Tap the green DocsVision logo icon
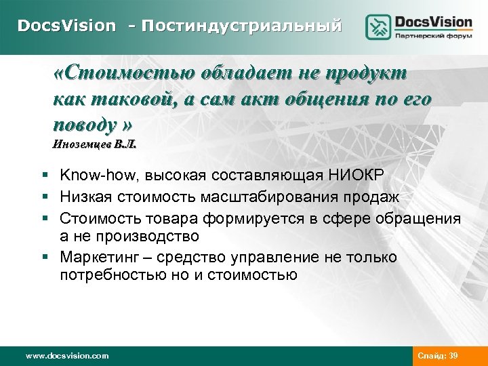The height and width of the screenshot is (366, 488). (378, 27)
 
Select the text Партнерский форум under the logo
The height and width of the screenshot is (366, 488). (434, 37)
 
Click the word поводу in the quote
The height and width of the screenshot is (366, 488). (85, 125)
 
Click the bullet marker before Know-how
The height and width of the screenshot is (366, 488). (43, 176)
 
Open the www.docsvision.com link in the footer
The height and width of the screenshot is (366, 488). (66, 355)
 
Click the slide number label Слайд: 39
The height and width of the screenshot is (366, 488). (438, 355)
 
